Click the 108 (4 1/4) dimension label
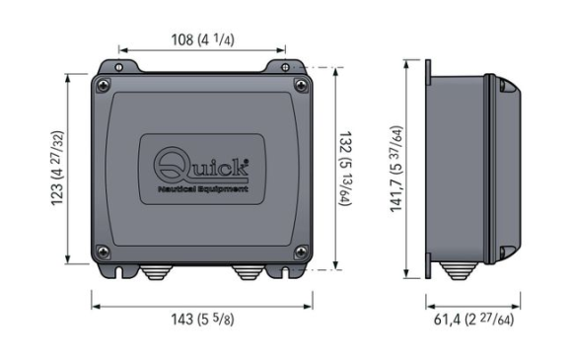coord(202,39)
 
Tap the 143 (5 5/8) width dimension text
coord(202,320)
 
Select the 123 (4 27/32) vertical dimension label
coord(57,168)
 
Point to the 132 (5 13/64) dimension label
coord(345,169)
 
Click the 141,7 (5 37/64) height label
coord(396,169)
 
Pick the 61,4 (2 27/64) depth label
coord(473,320)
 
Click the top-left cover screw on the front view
coord(104,86)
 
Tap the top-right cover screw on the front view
coord(301,86)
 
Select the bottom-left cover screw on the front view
coord(104,252)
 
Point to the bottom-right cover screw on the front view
coord(301,252)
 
